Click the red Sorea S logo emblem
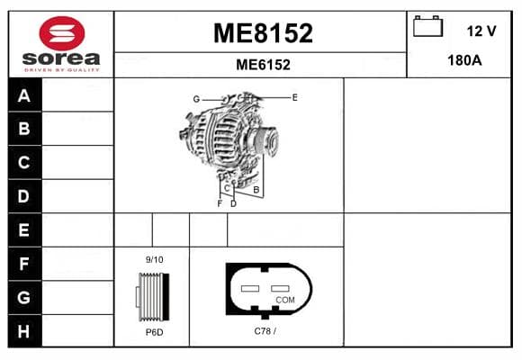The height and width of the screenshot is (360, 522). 62,33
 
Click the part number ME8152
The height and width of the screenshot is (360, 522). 263,33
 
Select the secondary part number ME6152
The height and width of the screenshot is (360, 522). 263,65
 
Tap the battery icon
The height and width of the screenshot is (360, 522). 427,26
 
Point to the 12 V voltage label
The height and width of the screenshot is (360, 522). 481,31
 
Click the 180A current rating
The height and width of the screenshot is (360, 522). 464,60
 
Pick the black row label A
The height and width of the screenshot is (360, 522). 24,95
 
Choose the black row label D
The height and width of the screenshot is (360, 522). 23,196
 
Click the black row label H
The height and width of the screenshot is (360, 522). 23,331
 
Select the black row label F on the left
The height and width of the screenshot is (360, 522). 23,264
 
